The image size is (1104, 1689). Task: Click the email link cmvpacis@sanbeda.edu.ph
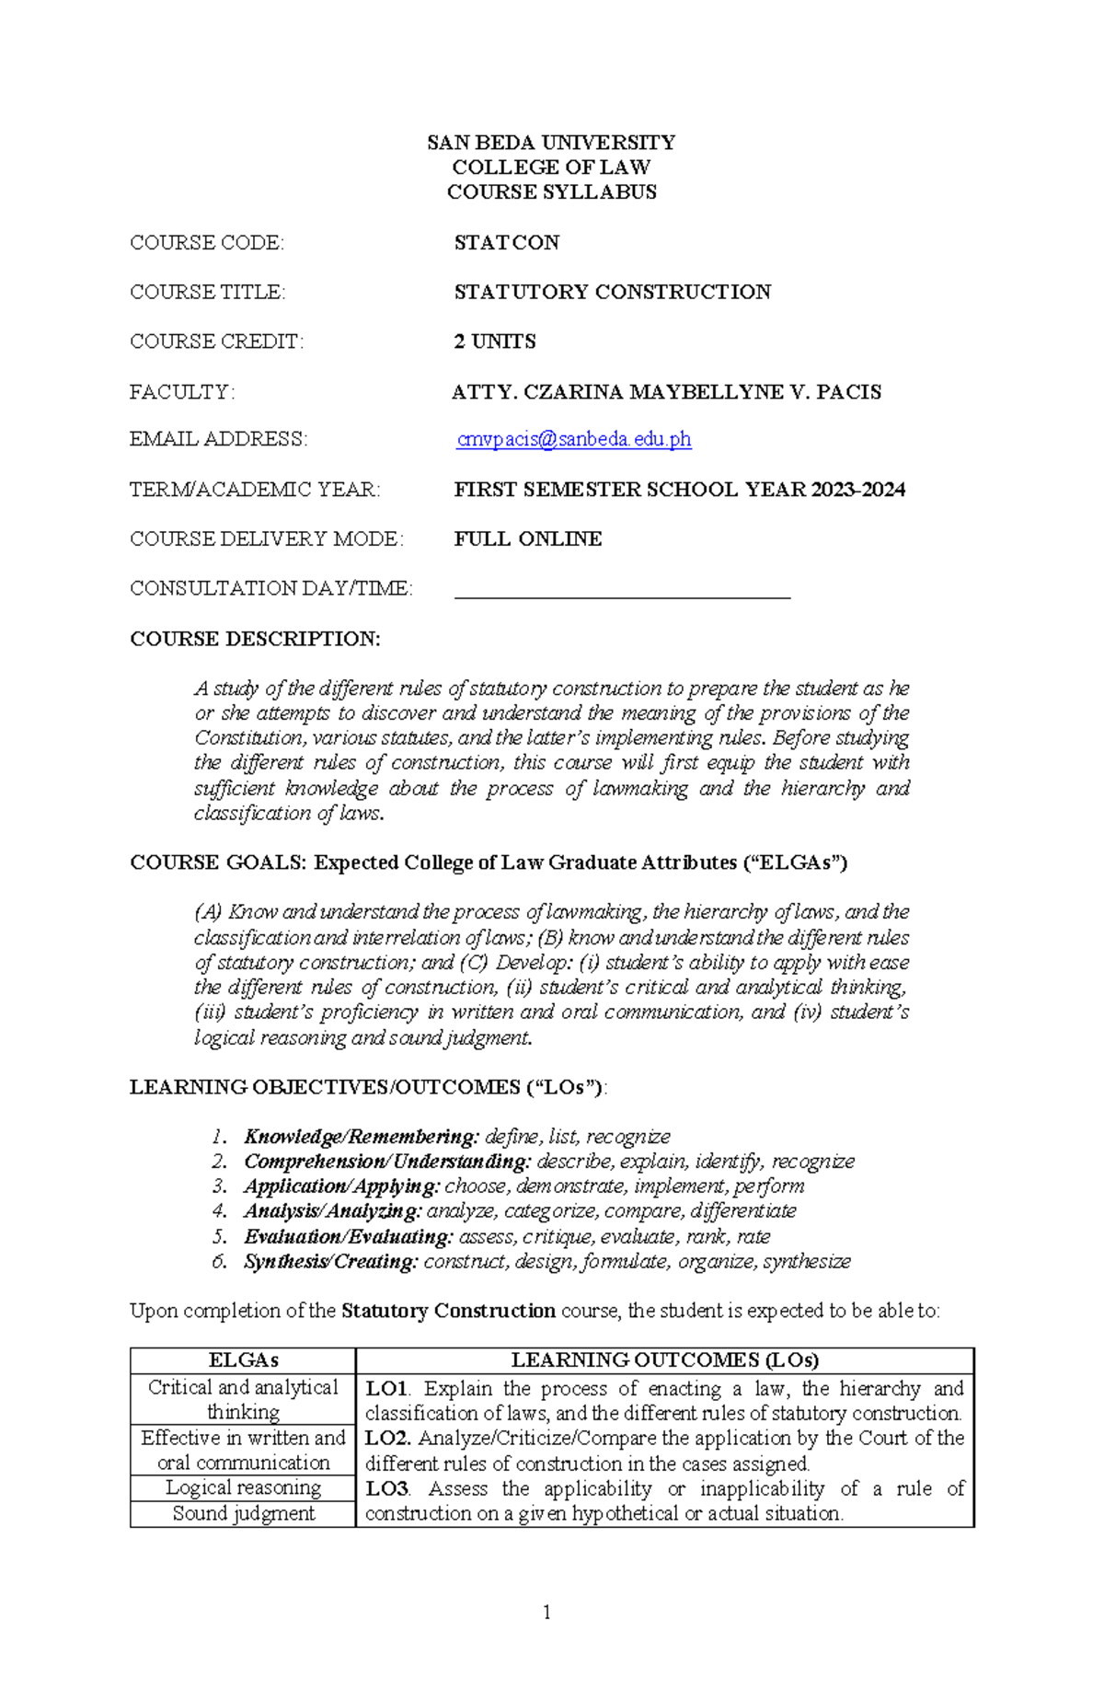[x=573, y=440]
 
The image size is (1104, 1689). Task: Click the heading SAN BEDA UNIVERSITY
[x=551, y=143]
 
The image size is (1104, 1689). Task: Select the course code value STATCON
[x=506, y=243]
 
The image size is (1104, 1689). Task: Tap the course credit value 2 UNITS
[x=494, y=341]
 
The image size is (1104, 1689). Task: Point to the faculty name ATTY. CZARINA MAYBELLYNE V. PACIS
[x=666, y=392]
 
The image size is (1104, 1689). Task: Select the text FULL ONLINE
[x=527, y=539]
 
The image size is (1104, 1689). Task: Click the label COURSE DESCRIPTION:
[x=255, y=639]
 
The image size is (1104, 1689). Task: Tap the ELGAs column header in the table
[x=243, y=1360]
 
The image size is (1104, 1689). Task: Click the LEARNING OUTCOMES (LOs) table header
[x=664, y=1360]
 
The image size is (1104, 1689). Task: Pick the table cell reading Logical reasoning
[x=243, y=1487]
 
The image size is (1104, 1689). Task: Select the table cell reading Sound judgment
[x=243, y=1513]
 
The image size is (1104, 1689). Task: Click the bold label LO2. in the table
[x=388, y=1438]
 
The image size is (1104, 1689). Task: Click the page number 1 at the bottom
[x=547, y=1612]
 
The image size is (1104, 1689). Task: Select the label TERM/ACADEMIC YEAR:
[x=255, y=490]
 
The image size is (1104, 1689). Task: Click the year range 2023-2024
[x=858, y=490]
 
